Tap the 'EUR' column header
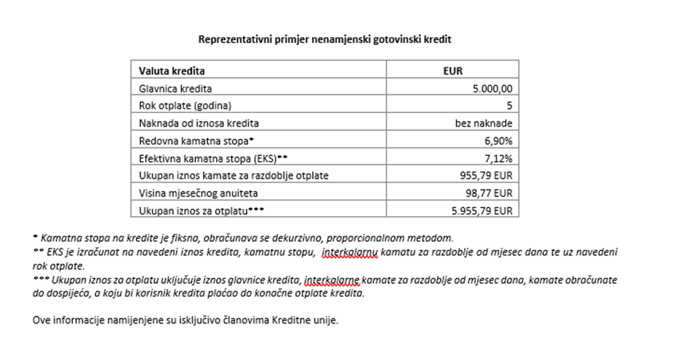(x=453, y=72)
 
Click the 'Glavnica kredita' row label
(x=176, y=89)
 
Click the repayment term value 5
(x=509, y=106)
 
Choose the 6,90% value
(x=499, y=141)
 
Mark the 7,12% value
(x=499, y=158)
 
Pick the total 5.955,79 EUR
(x=482, y=210)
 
